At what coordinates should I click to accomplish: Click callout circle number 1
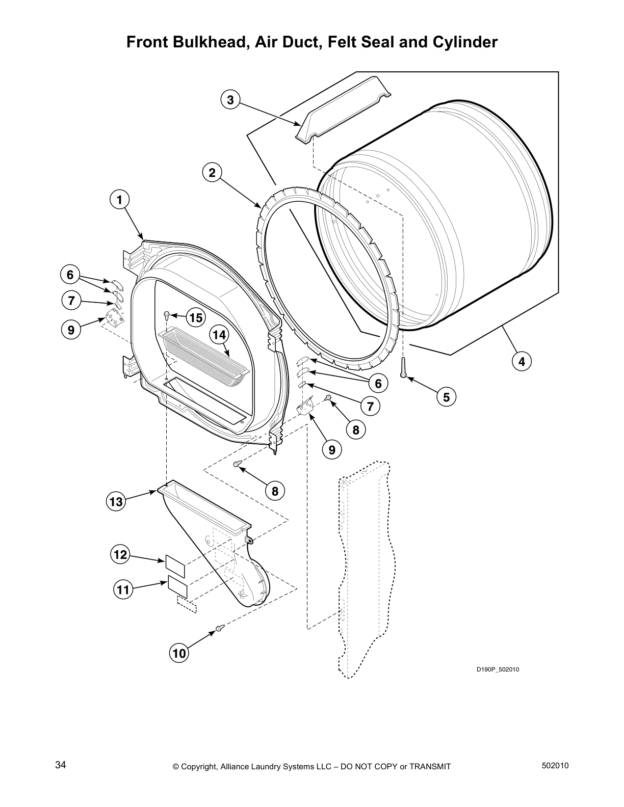point(119,200)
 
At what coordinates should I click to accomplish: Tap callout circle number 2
point(212,173)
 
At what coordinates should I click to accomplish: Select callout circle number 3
point(230,100)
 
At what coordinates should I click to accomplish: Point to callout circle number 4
point(522,362)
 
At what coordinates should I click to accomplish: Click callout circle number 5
point(446,397)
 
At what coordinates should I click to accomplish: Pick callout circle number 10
point(179,653)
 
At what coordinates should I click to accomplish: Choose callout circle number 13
point(116,502)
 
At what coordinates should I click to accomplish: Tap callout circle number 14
point(219,335)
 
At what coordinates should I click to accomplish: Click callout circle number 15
point(196,318)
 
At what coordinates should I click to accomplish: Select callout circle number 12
point(120,554)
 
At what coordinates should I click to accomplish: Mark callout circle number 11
point(122,590)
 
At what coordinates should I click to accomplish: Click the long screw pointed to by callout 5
point(403,368)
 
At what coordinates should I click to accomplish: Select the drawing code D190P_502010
point(497,669)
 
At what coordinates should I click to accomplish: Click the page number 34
point(61,765)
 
